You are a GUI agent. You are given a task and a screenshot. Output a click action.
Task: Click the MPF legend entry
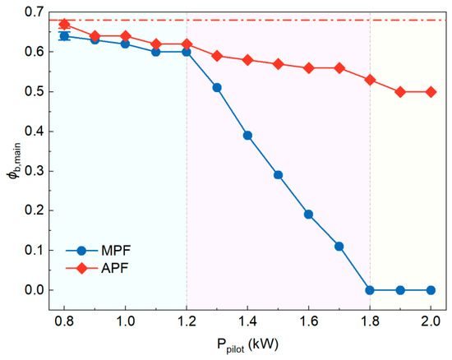click(x=98, y=251)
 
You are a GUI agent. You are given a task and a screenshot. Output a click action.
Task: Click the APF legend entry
click(x=97, y=268)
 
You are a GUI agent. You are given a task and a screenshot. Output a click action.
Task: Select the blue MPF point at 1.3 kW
click(x=217, y=88)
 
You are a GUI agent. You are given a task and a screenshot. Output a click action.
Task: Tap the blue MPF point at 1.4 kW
click(x=247, y=136)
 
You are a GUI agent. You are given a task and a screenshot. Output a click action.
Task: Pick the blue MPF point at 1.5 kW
click(x=278, y=175)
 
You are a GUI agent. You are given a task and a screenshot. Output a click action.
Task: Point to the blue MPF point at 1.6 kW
click(x=308, y=215)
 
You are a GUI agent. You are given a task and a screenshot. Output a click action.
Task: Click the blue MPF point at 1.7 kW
click(x=339, y=247)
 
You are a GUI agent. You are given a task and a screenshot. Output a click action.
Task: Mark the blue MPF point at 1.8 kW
click(x=370, y=290)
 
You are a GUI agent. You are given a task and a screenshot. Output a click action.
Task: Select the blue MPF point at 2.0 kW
click(x=431, y=290)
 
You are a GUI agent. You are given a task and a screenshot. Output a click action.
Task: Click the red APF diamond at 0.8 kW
click(x=64, y=24)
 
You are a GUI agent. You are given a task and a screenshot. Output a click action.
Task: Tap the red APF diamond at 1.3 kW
click(x=217, y=56)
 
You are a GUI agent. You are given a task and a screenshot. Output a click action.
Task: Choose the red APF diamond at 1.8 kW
click(x=370, y=80)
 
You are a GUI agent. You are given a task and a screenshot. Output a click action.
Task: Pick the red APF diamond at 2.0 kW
click(x=431, y=92)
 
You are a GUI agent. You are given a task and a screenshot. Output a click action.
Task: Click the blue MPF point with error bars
click(x=64, y=36)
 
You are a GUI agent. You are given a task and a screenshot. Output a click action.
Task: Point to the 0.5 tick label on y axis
click(x=34, y=91)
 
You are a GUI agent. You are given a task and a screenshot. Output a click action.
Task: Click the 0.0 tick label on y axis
click(x=34, y=290)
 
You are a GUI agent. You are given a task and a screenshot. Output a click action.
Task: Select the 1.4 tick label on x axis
click(x=247, y=321)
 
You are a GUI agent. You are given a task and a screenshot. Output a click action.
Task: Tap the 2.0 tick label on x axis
click(x=431, y=321)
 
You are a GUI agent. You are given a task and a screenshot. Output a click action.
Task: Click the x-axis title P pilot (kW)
click(x=247, y=345)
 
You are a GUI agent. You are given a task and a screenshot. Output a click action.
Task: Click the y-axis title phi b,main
click(x=14, y=160)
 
